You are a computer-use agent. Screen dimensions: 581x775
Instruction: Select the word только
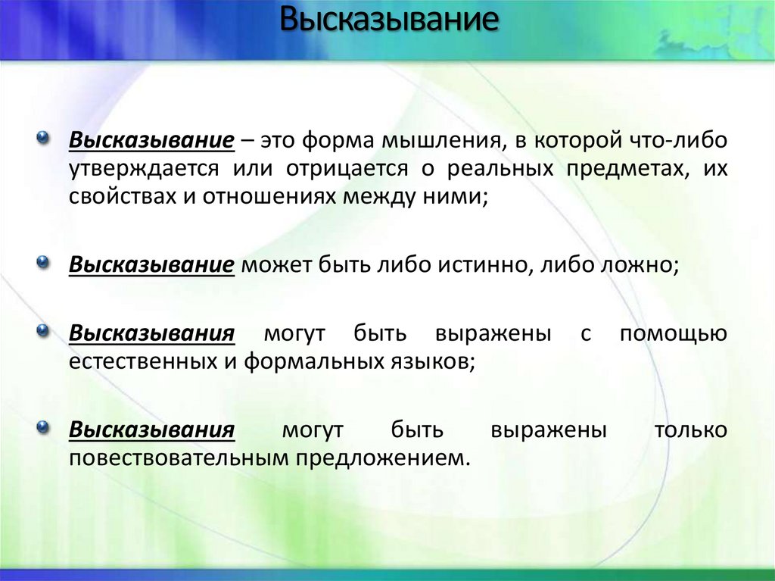click(x=690, y=430)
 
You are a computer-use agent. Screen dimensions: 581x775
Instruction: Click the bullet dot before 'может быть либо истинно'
click(x=44, y=263)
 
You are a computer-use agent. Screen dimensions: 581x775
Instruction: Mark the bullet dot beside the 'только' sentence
click(x=44, y=427)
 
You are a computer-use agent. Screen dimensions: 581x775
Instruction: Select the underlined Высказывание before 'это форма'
click(x=151, y=142)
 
